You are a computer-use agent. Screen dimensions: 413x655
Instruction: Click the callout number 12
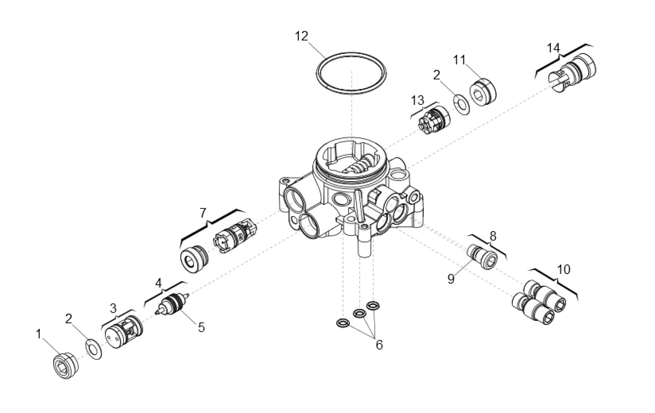(301, 36)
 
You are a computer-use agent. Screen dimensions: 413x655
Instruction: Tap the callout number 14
(553, 48)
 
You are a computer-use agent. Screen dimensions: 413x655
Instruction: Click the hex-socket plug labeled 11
(483, 93)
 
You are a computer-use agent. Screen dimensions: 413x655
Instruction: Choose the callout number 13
(417, 99)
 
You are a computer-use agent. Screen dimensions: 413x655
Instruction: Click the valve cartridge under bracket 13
(433, 121)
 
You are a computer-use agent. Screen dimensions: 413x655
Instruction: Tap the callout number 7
(203, 212)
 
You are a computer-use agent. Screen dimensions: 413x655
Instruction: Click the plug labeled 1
(65, 364)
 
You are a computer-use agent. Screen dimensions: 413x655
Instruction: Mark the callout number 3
(113, 308)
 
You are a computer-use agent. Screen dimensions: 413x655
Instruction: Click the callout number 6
(379, 345)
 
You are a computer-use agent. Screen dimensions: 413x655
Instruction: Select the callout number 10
(563, 270)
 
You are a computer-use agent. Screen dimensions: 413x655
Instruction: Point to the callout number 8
(493, 236)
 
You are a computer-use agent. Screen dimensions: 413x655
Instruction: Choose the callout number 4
(158, 283)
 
